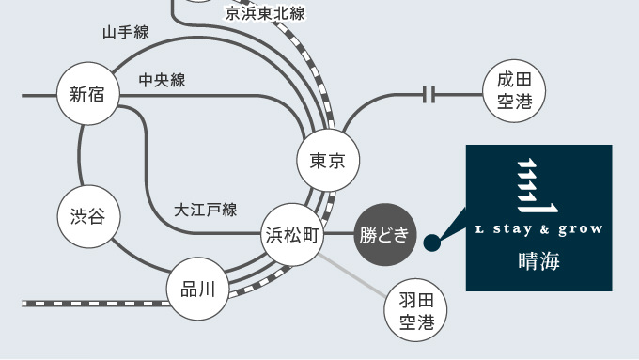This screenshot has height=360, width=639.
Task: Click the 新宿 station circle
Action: (x=88, y=94)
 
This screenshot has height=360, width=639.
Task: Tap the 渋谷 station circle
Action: (x=89, y=216)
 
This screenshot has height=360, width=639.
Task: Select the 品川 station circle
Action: (x=198, y=289)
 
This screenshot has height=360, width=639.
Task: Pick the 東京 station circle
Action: (x=328, y=160)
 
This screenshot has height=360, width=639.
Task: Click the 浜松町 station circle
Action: (x=292, y=235)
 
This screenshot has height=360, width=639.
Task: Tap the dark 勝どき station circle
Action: (x=385, y=235)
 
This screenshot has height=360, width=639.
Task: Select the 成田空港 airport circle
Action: (x=514, y=91)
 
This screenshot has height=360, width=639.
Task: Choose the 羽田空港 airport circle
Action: (x=415, y=310)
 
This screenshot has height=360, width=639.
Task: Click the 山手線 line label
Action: (x=126, y=32)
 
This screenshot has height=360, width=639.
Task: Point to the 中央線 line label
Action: (x=163, y=80)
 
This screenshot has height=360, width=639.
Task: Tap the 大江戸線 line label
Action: (x=206, y=210)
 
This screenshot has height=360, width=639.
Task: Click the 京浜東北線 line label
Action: (x=265, y=13)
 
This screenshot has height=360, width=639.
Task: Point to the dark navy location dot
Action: (x=432, y=243)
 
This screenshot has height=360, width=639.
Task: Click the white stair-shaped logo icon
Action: (x=538, y=185)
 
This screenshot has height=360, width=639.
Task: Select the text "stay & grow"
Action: (x=548, y=229)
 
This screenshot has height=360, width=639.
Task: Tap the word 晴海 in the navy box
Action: (x=539, y=261)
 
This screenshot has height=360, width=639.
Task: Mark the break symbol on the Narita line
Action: (x=429, y=95)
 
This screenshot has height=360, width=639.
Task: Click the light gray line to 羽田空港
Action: (x=352, y=275)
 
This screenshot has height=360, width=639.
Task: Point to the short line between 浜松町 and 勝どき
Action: (x=339, y=234)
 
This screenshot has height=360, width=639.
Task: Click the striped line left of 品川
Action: (x=95, y=304)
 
